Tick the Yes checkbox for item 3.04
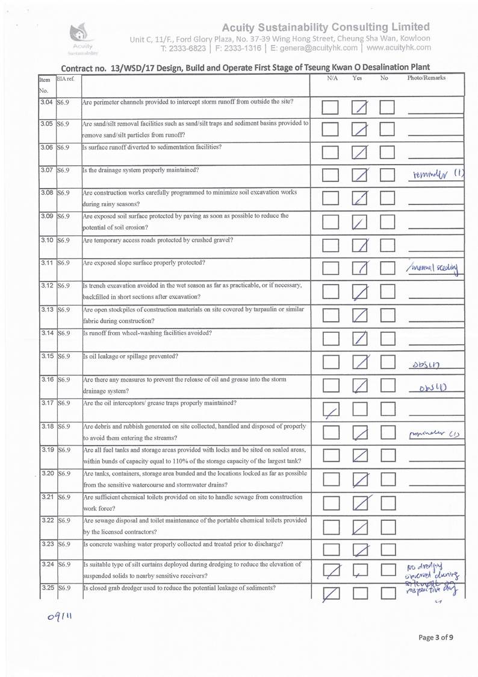(359, 107)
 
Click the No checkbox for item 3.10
(387, 245)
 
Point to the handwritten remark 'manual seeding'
(432, 267)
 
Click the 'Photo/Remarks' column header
(426, 78)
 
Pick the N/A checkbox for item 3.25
(331, 594)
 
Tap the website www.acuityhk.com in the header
(399, 48)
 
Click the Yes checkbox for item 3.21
(360, 502)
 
